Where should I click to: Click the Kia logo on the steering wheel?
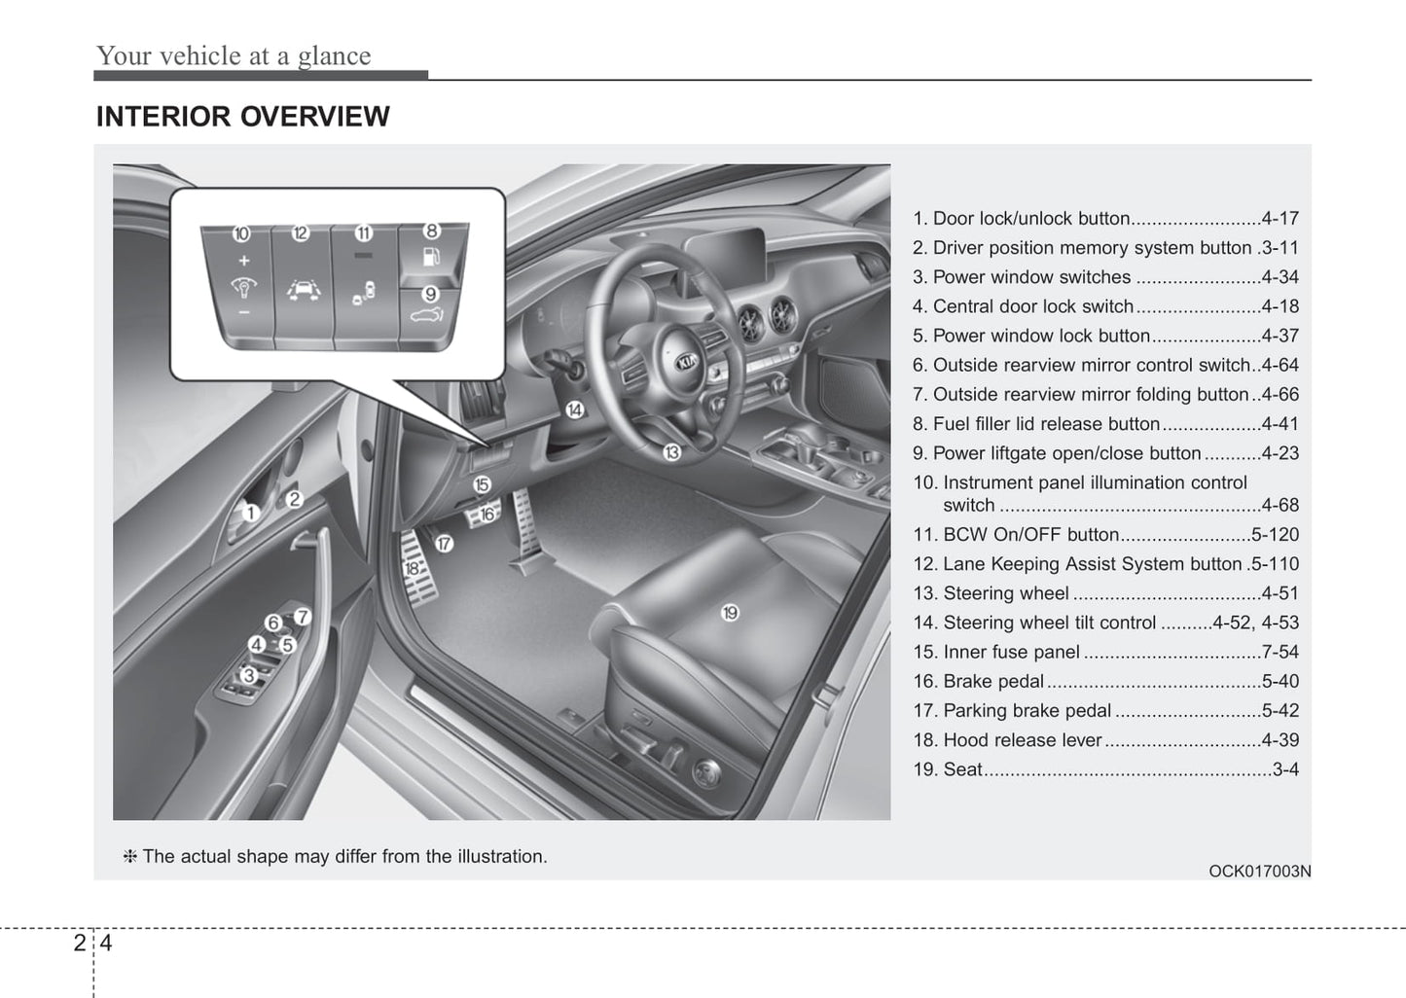pyautogui.click(x=687, y=361)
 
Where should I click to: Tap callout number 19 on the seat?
pyautogui.click(x=730, y=612)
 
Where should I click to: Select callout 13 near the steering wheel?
pyautogui.click(x=671, y=452)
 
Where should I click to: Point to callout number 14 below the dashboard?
pyautogui.click(x=575, y=410)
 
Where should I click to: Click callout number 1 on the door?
pyautogui.click(x=250, y=513)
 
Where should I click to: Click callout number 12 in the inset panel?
pyautogui.click(x=301, y=232)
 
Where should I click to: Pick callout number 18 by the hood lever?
pyautogui.click(x=412, y=568)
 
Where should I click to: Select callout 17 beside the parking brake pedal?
pyautogui.click(x=444, y=544)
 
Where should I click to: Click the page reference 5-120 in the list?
pyautogui.click(x=1275, y=534)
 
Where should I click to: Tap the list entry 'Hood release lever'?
pyautogui.click(x=1022, y=740)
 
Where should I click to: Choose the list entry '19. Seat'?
pyautogui.click(x=948, y=769)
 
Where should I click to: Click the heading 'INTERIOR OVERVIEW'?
pyautogui.click(x=242, y=117)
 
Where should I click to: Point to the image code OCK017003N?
pyautogui.click(x=1259, y=871)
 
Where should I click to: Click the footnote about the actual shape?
pyautogui.click(x=335, y=857)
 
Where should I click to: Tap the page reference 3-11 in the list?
pyautogui.click(x=1279, y=248)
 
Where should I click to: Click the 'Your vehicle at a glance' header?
pyautogui.click(x=234, y=56)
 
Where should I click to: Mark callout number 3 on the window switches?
pyautogui.click(x=249, y=674)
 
